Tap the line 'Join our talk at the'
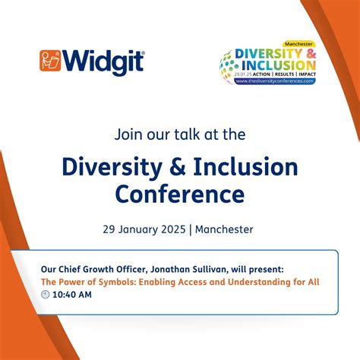point(179,134)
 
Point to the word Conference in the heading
point(179,194)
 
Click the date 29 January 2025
point(146,228)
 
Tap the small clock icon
point(45,295)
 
